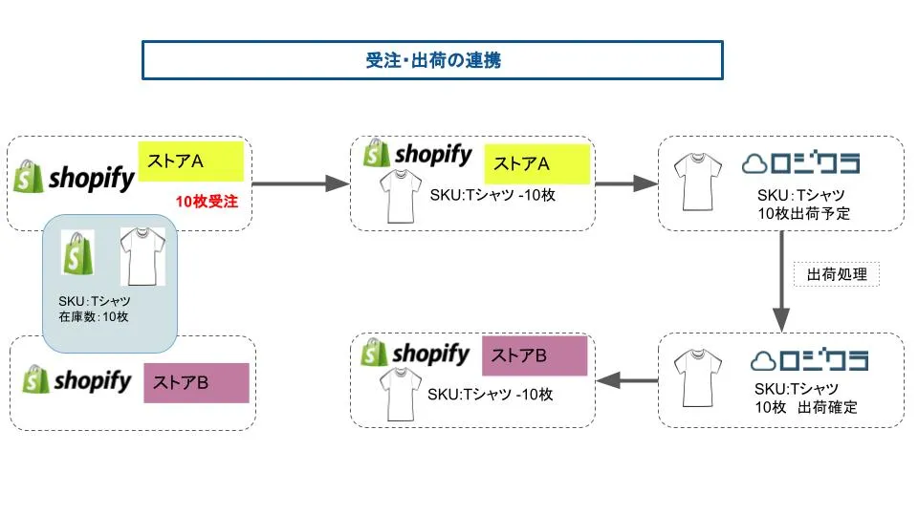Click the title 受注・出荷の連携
coord(432,60)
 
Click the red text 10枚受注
coord(207,202)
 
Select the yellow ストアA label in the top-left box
coord(190,161)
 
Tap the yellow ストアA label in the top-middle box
coord(535,163)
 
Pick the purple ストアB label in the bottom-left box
coord(196,382)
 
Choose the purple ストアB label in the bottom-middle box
coord(535,356)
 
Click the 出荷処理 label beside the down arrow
coord(837,275)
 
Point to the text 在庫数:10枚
coord(94,316)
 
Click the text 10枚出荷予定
coord(802,214)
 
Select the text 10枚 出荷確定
coord(805,408)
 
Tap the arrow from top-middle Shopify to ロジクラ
coord(626,183)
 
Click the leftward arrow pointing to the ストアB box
coord(627,380)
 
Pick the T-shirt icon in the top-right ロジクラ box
coord(695,183)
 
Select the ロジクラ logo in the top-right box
coord(808,164)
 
